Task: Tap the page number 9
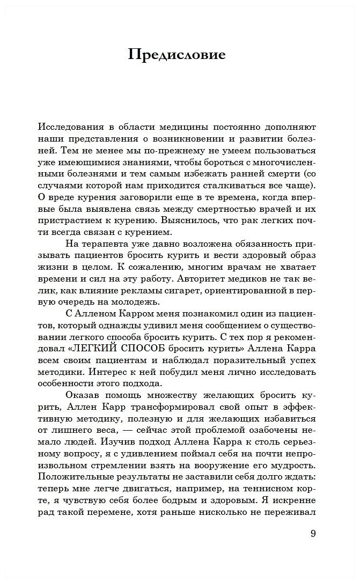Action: (313, 534)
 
